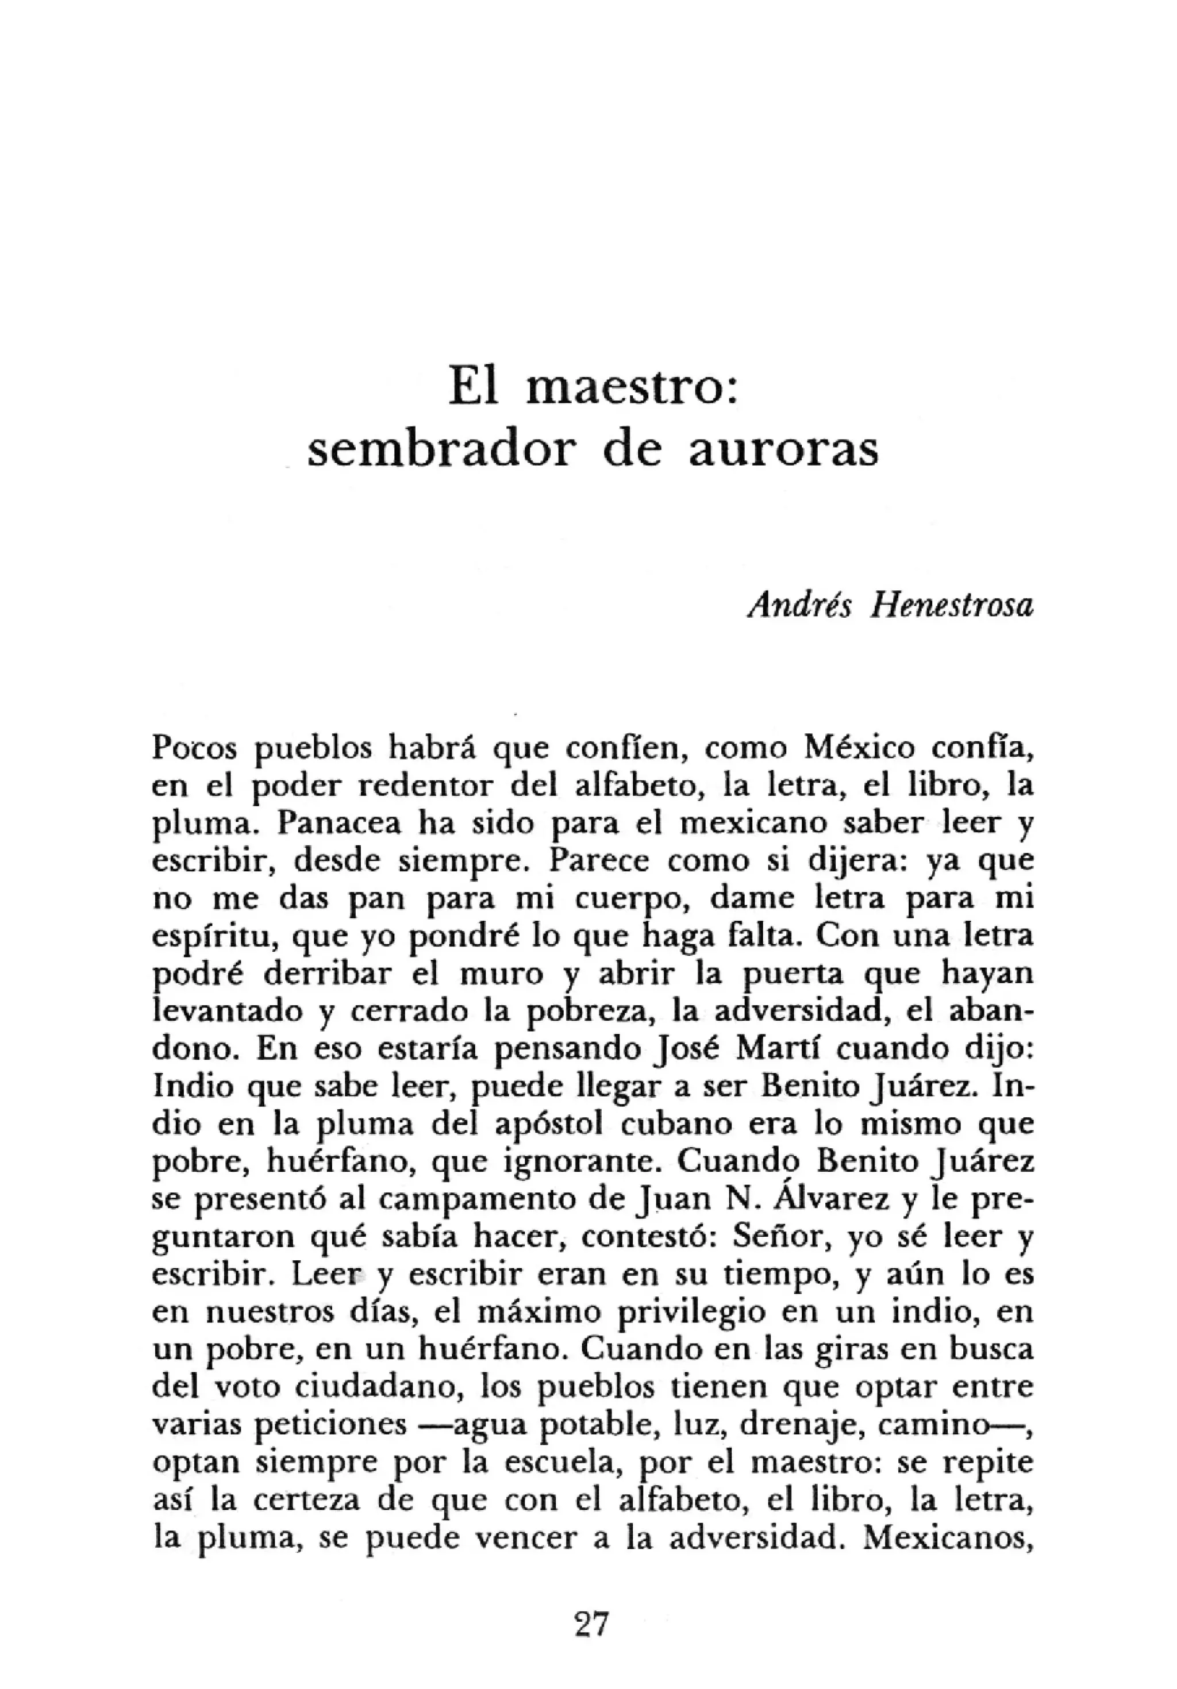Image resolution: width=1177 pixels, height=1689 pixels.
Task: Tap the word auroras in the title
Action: pyautogui.click(x=783, y=449)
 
